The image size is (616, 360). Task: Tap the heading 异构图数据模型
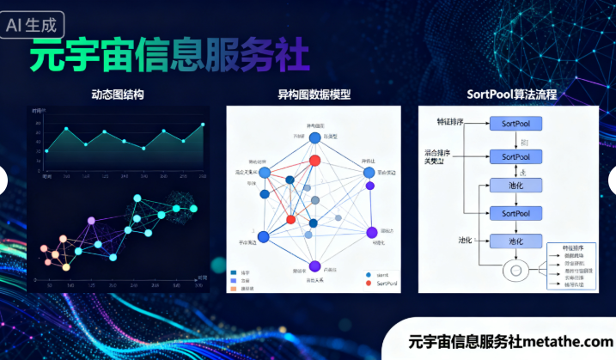click(314, 95)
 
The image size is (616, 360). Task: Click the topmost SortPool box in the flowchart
click(515, 124)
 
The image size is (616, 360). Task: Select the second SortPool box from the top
click(515, 157)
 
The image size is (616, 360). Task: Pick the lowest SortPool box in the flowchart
click(515, 213)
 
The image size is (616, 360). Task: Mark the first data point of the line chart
click(46, 151)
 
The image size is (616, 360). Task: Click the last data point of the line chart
click(204, 125)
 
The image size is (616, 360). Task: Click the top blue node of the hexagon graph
click(314, 137)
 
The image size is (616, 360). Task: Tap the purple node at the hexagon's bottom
click(314, 265)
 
